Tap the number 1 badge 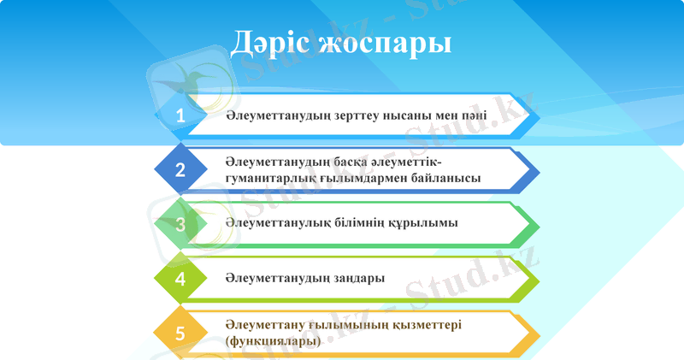coord(180,115)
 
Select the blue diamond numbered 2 coord(180,169)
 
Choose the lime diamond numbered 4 coord(180,279)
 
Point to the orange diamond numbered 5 coord(180,333)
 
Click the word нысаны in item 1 coord(409,115)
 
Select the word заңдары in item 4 coord(356,279)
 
